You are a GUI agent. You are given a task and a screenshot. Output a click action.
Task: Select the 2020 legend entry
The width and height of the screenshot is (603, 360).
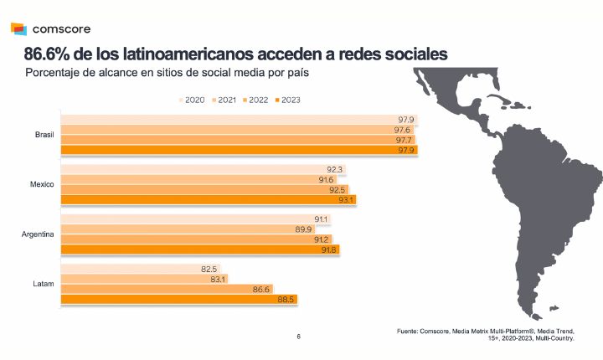pyautogui.click(x=194, y=100)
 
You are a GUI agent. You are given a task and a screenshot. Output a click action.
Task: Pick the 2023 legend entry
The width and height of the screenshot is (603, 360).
pyautogui.click(x=286, y=100)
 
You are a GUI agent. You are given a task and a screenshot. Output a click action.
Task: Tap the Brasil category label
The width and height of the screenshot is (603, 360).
pyautogui.click(x=44, y=134)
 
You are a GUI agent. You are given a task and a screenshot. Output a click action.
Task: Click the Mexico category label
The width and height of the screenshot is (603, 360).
pyautogui.click(x=43, y=184)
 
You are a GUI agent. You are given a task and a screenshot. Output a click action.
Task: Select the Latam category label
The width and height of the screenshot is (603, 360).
pyautogui.click(x=44, y=285)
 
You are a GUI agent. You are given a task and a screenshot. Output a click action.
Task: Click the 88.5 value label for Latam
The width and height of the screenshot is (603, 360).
pyautogui.click(x=286, y=300)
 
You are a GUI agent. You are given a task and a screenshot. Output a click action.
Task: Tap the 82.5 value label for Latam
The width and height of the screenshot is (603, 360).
pyautogui.click(x=209, y=270)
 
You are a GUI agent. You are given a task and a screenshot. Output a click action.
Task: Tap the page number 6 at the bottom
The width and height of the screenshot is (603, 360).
pyautogui.click(x=298, y=337)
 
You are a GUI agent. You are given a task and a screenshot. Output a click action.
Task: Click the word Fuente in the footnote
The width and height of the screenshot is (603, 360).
pyautogui.click(x=410, y=332)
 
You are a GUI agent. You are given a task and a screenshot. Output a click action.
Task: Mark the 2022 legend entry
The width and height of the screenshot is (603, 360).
pyautogui.click(x=255, y=100)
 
